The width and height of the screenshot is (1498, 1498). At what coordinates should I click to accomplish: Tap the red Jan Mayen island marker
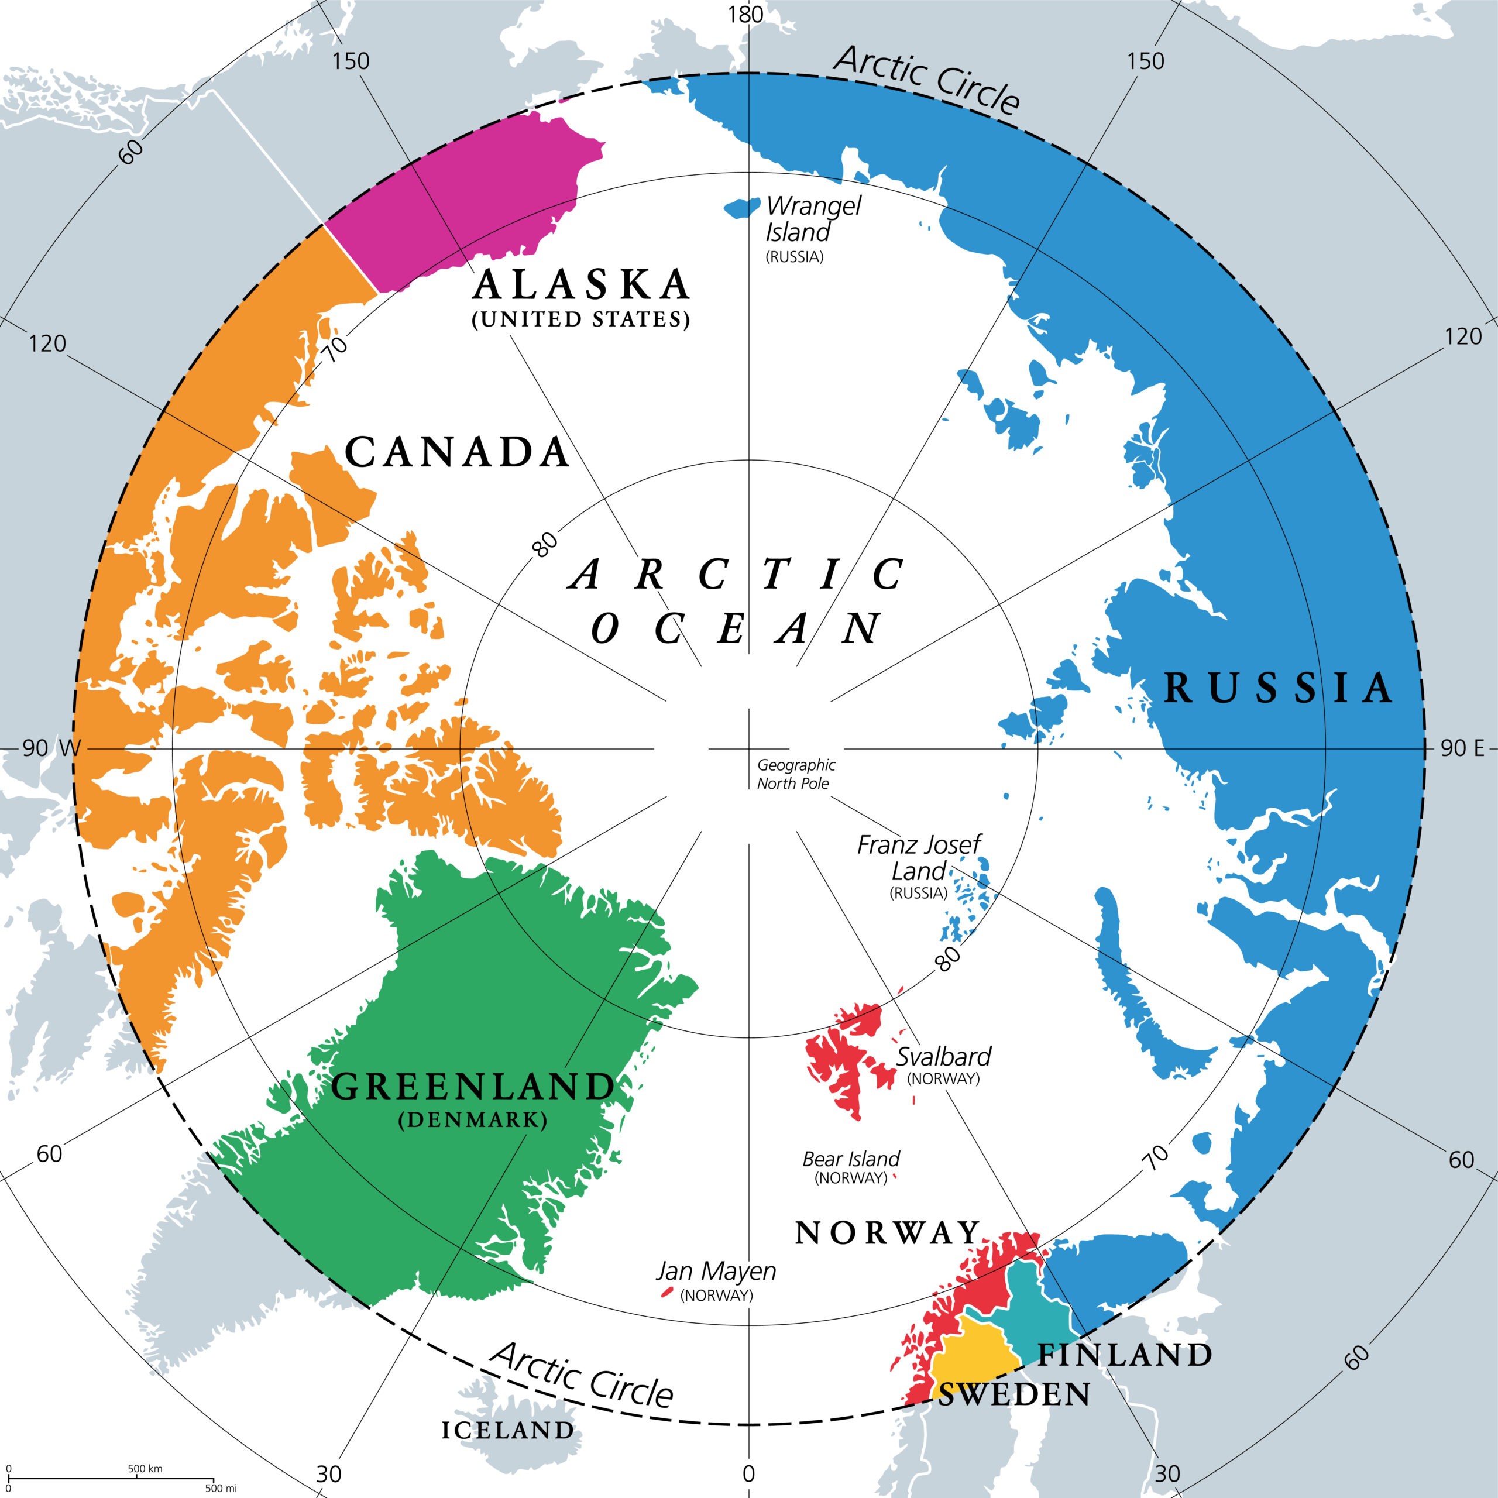(x=665, y=1293)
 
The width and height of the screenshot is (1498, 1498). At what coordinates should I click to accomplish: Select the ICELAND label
(x=508, y=1431)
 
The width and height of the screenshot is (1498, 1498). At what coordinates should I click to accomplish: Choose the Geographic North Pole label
(x=796, y=774)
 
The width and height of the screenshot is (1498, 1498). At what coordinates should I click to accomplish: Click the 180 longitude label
(x=746, y=15)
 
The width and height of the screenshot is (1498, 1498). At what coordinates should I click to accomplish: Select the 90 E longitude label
(x=1462, y=748)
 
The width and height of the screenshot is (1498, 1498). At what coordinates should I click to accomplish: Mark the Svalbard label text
(x=944, y=1056)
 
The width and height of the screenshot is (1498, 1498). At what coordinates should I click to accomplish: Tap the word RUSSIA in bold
(x=1279, y=688)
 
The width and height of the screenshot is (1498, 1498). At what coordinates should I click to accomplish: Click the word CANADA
(x=458, y=453)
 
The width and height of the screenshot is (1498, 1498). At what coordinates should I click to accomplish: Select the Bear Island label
(x=851, y=1159)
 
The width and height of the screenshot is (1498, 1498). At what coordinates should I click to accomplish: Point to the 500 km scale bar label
(x=145, y=1469)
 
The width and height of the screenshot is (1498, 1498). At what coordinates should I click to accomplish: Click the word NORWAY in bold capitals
(x=887, y=1234)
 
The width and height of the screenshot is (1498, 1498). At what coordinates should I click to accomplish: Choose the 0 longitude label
(x=748, y=1474)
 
